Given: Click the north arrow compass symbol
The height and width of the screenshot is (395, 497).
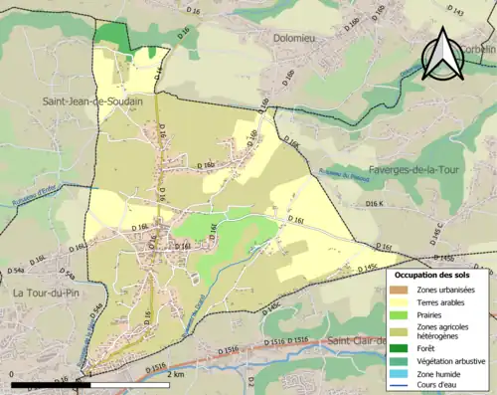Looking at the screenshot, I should click(439, 54).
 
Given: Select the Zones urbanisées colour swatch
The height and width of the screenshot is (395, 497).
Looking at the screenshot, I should click(403, 290).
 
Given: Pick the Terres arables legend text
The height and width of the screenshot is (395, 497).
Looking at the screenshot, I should click(445, 302).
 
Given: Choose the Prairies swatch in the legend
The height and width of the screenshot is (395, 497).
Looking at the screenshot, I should click(403, 315).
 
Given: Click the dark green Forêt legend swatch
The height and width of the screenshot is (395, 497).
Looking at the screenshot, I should click(403, 347).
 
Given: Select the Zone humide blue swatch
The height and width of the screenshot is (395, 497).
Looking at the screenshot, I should click(403, 373).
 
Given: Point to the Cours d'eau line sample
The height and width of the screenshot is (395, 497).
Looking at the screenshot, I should click(403, 386).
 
